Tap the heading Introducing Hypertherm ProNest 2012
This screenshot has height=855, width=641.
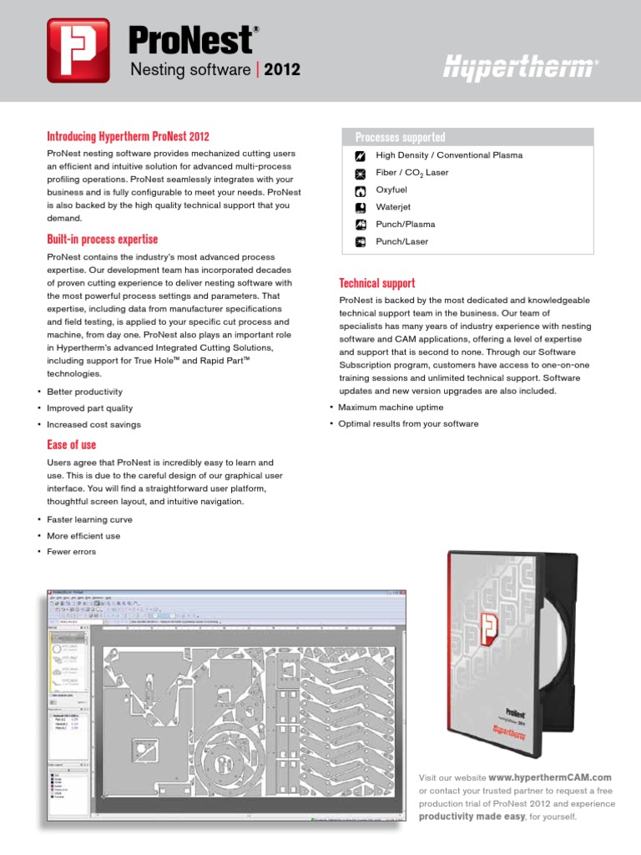128,136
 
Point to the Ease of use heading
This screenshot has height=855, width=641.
71,444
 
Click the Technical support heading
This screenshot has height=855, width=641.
377,283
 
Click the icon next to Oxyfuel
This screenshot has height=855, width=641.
361,190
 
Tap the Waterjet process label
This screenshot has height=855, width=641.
393,207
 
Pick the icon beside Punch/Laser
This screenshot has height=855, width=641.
361,242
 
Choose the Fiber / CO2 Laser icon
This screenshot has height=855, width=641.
361,173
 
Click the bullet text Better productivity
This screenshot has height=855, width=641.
84,392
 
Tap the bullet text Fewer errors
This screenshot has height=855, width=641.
71,552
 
